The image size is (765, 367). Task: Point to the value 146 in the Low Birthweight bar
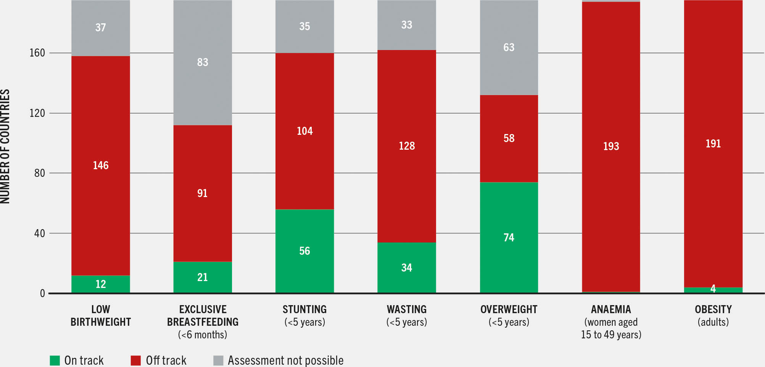click(101, 165)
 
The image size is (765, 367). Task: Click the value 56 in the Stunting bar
click(304, 251)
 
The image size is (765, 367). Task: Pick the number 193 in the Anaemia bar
click(611, 146)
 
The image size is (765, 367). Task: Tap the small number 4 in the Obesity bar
click(713, 289)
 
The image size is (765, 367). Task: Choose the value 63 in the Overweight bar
click(509, 47)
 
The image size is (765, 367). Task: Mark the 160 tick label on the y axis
click(37, 53)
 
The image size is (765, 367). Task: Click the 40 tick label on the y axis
click(39, 233)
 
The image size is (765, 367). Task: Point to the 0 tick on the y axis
click(42, 293)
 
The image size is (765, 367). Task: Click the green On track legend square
click(55, 360)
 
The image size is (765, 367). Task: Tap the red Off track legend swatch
click(136, 360)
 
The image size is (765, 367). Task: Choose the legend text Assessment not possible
click(285, 360)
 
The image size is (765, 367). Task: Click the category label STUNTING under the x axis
click(304, 309)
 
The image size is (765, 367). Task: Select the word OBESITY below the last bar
click(713, 309)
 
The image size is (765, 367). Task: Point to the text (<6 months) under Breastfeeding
click(203, 335)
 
